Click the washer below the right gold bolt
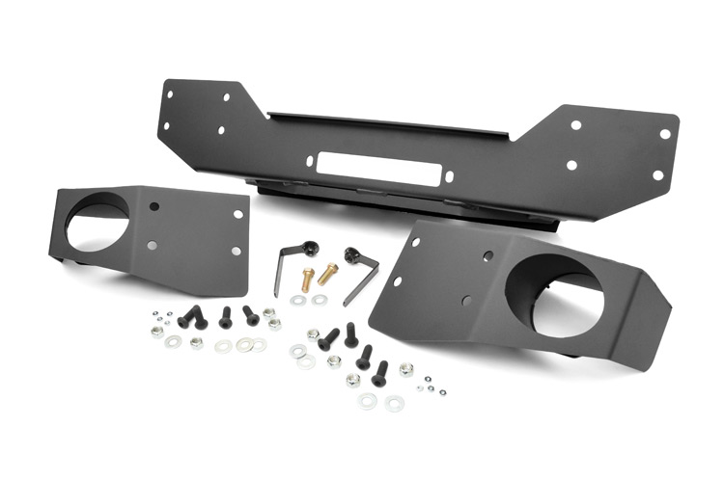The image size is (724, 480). tap(320, 300)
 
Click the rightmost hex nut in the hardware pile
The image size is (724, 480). tap(406, 368)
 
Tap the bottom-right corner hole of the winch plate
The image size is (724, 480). tap(657, 175)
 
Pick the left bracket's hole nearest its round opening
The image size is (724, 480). tap(155, 205)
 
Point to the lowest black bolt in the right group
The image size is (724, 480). tap(379, 371)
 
